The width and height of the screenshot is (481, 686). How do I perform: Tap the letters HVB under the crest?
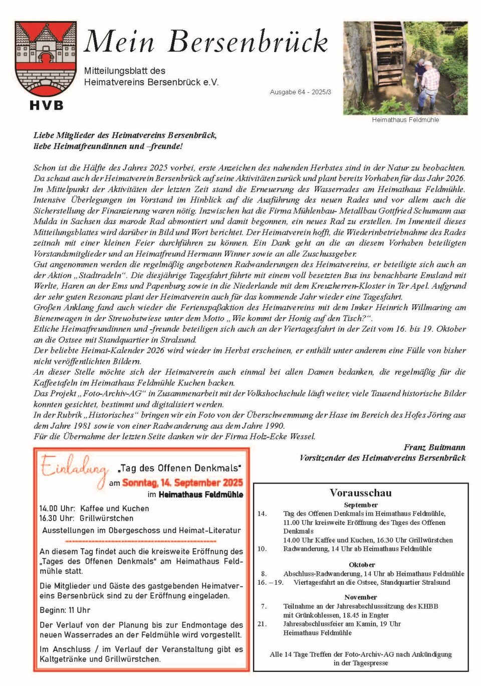pyautogui.click(x=46, y=105)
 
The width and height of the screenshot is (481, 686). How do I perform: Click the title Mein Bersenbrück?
pyautogui.click(x=206, y=42)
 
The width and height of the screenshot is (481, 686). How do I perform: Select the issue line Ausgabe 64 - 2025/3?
pyautogui.click(x=300, y=92)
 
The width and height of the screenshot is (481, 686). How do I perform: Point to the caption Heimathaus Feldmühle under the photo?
pyautogui.click(x=405, y=120)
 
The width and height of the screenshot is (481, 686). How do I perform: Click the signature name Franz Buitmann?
pyautogui.click(x=434, y=447)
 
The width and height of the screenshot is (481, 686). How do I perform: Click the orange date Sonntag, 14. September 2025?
pyautogui.click(x=182, y=483)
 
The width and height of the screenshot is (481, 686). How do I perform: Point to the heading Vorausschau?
pyautogui.click(x=361, y=493)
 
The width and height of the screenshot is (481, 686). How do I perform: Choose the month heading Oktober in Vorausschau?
pyautogui.click(x=362, y=565)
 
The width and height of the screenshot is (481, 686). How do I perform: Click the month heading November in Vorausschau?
pyautogui.click(x=361, y=597)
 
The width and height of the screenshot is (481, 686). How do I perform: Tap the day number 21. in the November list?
pyautogui.click(x=262, y=624)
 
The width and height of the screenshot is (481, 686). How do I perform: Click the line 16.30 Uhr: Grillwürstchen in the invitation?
pyautogui.click(x=87, y=518)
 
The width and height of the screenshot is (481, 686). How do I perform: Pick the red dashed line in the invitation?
pyautogui.click(x=141, y=542)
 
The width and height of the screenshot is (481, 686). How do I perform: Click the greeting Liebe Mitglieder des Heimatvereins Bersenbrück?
pyautogui.click(x=125, y=135)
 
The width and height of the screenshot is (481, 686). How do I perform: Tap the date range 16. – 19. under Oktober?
pyautogui.click(x=271, y=582)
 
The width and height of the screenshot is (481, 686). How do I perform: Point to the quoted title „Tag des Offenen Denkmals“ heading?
pyautogui.click(x=180, y=468)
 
